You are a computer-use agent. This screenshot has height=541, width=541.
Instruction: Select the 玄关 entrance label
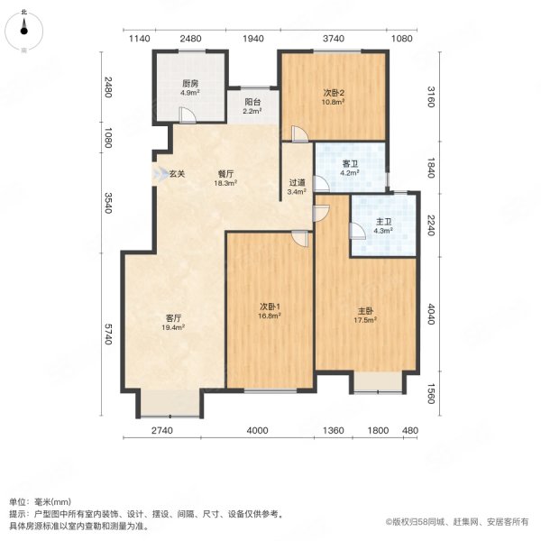click(178, 173)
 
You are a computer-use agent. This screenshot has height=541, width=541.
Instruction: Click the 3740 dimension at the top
click(334, 38)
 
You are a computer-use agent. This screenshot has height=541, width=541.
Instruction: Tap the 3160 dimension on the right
click(432, 96)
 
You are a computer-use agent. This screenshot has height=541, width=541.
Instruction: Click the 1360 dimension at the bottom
click(333, 431)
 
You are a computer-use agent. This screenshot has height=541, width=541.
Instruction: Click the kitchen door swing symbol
click(185, 115)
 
